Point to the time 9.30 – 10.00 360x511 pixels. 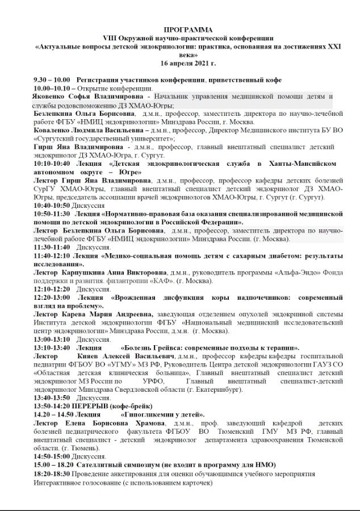[x=52, y=81]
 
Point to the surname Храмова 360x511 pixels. [x=143, y=424]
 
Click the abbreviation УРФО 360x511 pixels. [x=153, y=382]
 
